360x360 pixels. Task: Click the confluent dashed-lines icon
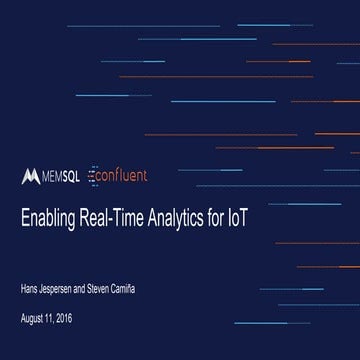coord(93,175)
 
